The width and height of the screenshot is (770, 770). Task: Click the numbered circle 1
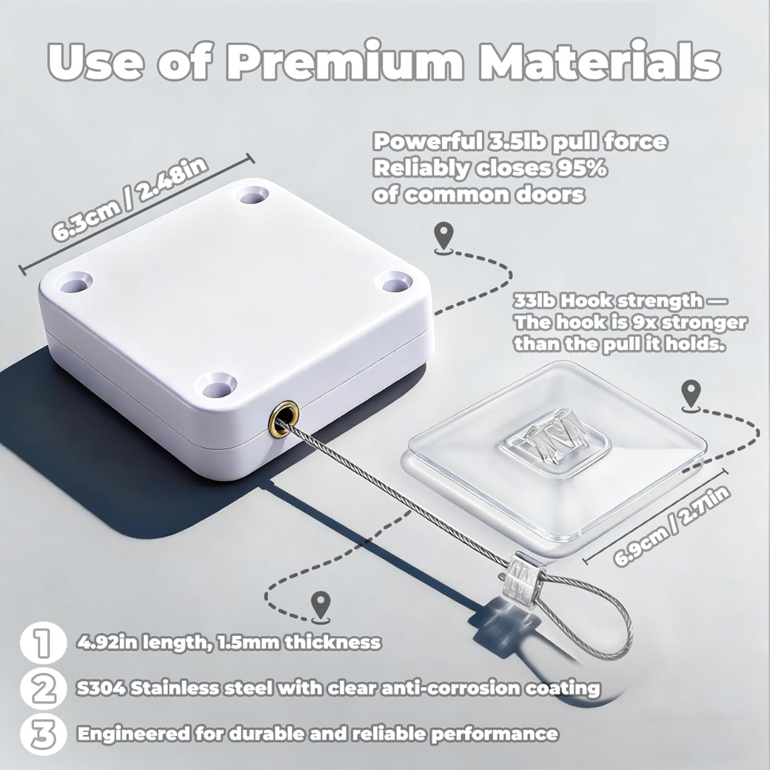pyautogui.click(x=43, y=643)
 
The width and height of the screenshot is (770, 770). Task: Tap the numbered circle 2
pyautogui.click(x=43, y=688)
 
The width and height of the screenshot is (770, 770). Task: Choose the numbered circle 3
pyautogui.click(x=43, y=734)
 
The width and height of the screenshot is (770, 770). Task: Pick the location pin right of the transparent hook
pyautogui.click(x=692, y=394)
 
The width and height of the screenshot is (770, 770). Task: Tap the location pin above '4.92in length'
pyautogui.click(x=321, y=606)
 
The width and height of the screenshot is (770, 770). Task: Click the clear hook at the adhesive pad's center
pyautogui.click(x=555, y=442)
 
